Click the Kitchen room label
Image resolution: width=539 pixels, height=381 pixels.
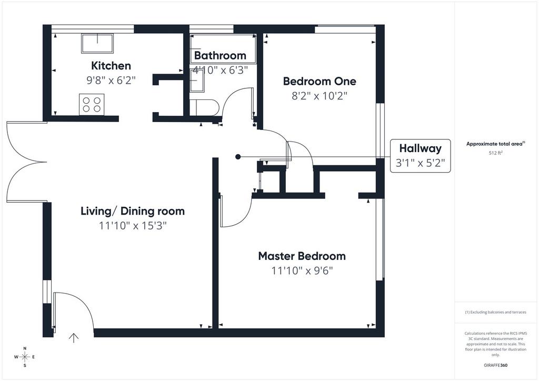[x=111, y=66]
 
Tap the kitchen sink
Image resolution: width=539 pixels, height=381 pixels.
[x=97, y=43]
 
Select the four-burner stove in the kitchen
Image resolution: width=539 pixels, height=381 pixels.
[x=92, y=104]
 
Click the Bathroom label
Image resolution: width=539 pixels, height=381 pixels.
[x=220, y=55]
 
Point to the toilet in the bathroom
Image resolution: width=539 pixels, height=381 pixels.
[x=204, y=107]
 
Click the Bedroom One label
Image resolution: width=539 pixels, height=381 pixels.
[x=320, y=81]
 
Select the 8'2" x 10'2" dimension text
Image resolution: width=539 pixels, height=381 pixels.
[x=320, y=96]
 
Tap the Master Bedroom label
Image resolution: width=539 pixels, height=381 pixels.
[x=302, y=256]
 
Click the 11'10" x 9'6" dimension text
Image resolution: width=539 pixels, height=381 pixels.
[x=302, y=270]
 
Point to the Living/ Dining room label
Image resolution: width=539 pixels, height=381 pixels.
[x=133, y=211]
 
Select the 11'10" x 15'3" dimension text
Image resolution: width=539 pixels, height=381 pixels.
[x=133, y=226]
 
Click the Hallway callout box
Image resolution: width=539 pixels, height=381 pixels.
[x=421, y=156]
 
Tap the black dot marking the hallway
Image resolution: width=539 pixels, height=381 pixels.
[x=238, y=157]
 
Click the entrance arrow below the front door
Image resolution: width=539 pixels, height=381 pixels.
[x=74, y=338]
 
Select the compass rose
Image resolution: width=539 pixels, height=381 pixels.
[x=25, y=357]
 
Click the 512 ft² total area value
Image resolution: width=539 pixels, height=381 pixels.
[x=496, y=153]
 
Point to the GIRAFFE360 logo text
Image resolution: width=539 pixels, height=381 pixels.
[x=495, y=365]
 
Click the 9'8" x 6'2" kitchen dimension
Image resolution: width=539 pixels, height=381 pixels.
[x=111, y=81]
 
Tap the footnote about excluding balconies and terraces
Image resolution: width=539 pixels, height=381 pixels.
[x=495, y=312]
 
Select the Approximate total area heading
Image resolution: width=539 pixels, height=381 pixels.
[x=495, y=144]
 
